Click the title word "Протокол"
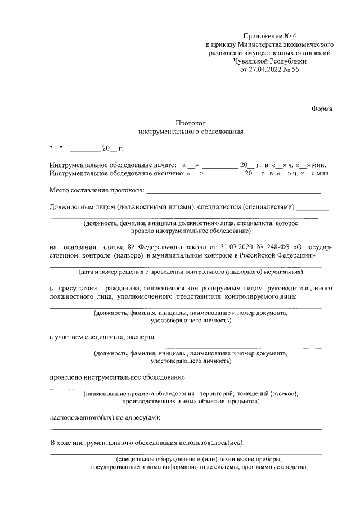click(x=191, y=123)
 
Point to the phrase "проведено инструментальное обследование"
click(x=117, y=377)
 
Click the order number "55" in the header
click(x=296, y=70)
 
